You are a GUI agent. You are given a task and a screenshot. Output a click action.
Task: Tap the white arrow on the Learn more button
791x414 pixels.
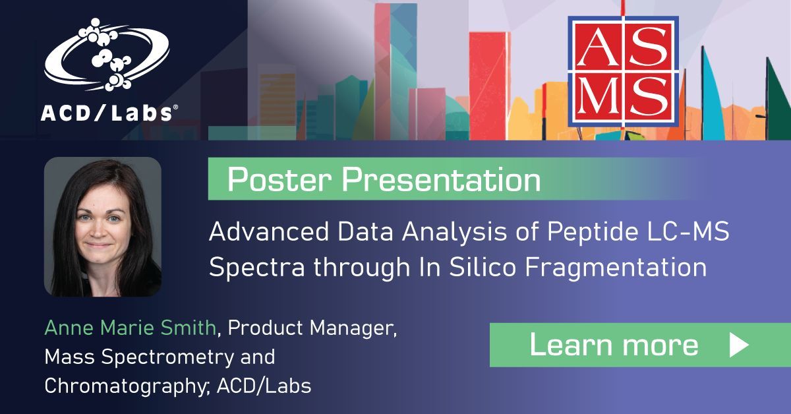coord(738,345)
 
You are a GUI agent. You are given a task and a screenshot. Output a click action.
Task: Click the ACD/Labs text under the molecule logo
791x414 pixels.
coord(108,113)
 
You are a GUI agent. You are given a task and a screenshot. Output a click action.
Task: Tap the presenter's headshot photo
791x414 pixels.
coord(102,226)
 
